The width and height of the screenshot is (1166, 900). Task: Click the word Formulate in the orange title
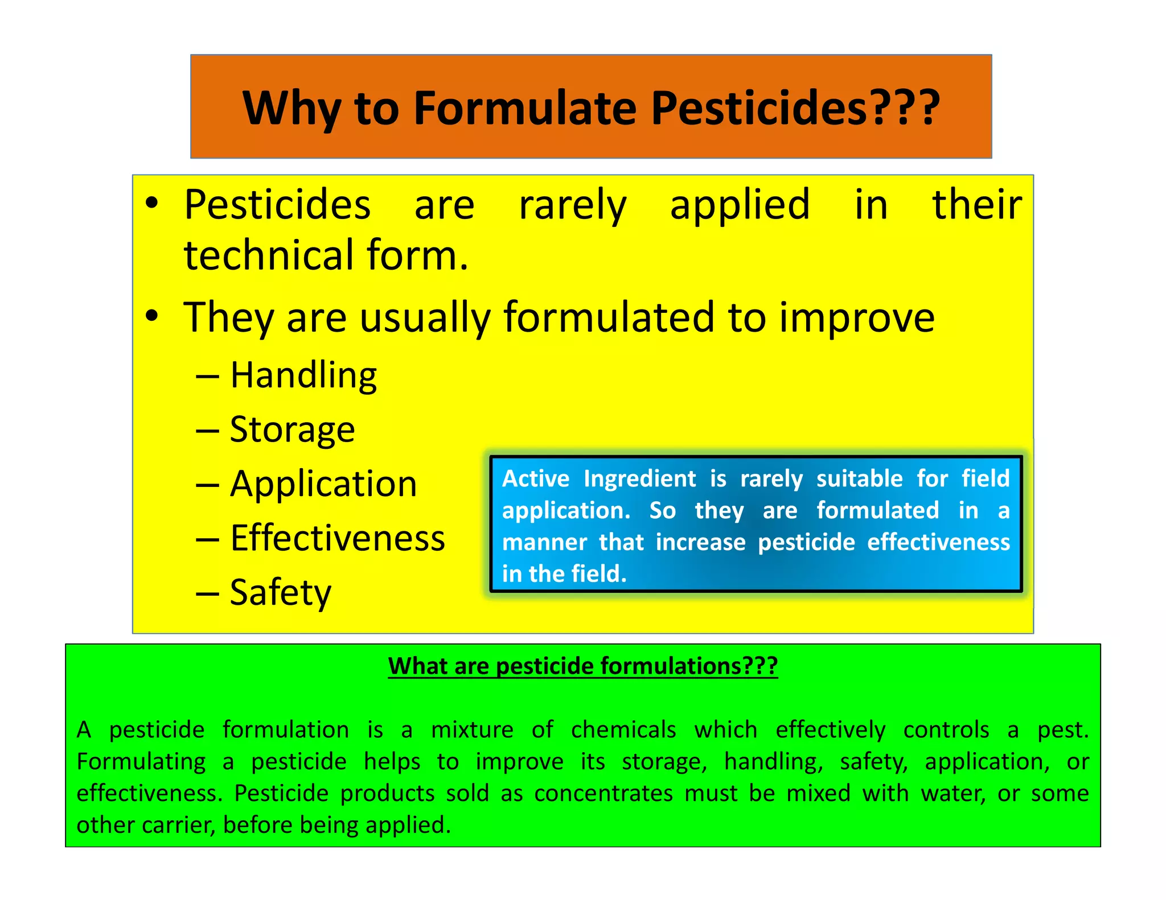coord(524,108)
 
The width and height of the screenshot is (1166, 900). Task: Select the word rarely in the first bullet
coord(572,206)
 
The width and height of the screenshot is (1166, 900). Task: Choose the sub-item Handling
coord(303,376)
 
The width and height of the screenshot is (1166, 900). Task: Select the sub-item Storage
coord(292,430)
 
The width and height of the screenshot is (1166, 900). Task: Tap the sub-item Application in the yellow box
coord(323,485)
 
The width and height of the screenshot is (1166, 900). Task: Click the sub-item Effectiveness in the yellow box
coord(337,539)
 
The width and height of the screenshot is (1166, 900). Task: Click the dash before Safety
coord(207,594)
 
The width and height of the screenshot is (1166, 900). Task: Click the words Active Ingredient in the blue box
coord(598,479)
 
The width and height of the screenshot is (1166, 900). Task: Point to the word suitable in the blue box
coord(859,479)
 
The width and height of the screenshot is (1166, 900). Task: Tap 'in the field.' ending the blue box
coord(564,574)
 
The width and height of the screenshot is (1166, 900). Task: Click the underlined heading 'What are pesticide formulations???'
coord(582,666)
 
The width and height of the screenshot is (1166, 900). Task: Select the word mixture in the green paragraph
coord(472,730)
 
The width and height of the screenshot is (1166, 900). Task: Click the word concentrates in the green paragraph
coord(603,794)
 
